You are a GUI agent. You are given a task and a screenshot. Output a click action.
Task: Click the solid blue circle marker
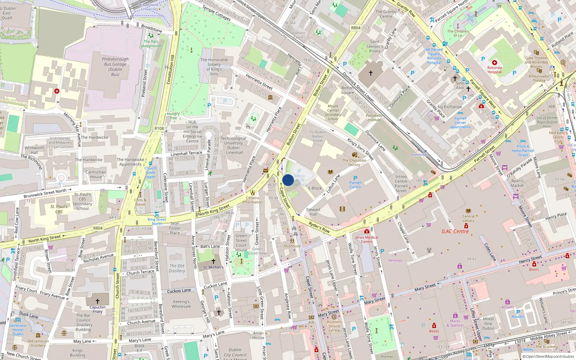(x=288, y=180)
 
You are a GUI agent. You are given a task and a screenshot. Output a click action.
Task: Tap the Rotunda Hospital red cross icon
(x=495, y=63)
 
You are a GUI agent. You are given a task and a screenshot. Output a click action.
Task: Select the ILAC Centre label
(x=455, y=231)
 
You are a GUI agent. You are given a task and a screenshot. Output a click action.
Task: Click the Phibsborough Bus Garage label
(x=115, y=67)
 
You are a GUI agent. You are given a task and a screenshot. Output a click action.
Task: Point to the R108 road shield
(x=159, y=128)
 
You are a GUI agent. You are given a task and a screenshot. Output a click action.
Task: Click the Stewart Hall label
(x=313, y=212)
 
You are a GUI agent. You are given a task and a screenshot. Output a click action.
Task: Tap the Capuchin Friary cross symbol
(x=97, y=301)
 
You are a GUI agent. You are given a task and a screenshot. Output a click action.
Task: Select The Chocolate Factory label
(x=354, y=162)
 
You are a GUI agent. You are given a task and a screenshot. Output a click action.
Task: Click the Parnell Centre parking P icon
(x=355, y=178)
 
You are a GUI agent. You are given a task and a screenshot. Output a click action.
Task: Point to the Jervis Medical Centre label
(x=366, y=239)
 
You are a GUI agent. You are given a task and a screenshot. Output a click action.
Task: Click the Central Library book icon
(x=468, y=211)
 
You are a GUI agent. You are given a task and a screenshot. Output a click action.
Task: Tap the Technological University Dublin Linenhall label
(x=233, y=145)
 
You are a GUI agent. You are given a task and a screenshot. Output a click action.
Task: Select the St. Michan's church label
(x=213, y=267)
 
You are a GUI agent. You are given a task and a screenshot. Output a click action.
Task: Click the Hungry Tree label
(x=173, y=116)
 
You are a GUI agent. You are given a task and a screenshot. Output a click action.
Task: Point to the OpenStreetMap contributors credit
(x=548, y=356)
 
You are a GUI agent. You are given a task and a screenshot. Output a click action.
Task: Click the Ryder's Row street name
(x=319, y=228)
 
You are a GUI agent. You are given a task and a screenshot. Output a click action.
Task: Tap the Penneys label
(x=395, y=260)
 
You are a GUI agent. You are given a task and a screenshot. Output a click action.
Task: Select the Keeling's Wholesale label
(x=181, y=304)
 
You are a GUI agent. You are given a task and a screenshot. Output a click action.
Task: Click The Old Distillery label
(x=177, y=268)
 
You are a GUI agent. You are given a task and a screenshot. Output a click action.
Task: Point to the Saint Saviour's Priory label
(x=375, y=46)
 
